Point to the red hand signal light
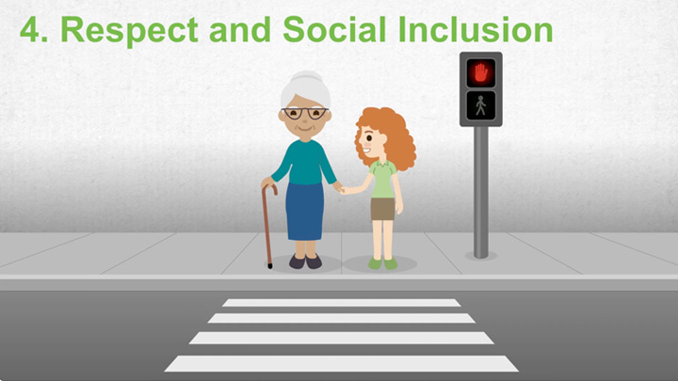point(481,71)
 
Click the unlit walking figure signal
point(481,104)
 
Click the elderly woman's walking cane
point(266,226)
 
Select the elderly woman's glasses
point(303,113)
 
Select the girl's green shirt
point(382,180)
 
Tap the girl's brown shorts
point(382,209)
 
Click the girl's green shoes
point(382,263)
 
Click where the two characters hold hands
point(340,188)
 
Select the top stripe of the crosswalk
point(342,303)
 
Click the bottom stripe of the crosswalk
point(342,363)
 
